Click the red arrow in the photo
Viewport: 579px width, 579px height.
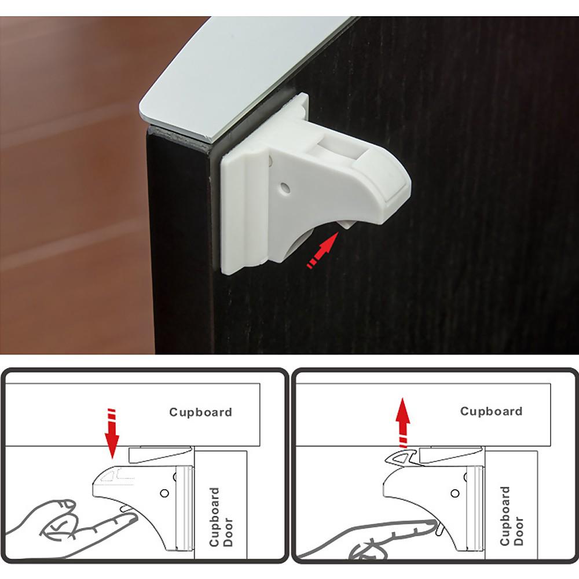click(323, 250)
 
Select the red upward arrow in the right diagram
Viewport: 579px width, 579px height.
click(403, 423)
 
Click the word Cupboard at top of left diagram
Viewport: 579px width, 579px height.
click(200, 412)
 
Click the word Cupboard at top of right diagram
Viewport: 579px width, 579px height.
click(491, 411)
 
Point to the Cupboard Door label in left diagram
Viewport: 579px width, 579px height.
click(221, 516)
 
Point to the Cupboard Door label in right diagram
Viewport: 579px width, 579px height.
click(511, 516)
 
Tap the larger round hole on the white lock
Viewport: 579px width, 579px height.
click(285, 188)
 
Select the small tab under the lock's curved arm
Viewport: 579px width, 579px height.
click(346, 223)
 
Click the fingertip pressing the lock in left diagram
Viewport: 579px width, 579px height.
click(129, 516)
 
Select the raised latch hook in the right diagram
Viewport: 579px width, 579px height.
click(401, 457)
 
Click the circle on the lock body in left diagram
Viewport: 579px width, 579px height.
click(164, 493)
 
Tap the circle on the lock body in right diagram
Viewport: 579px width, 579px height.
click(455, 493)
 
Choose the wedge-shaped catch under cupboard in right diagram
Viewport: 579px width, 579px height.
click(451, 454)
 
